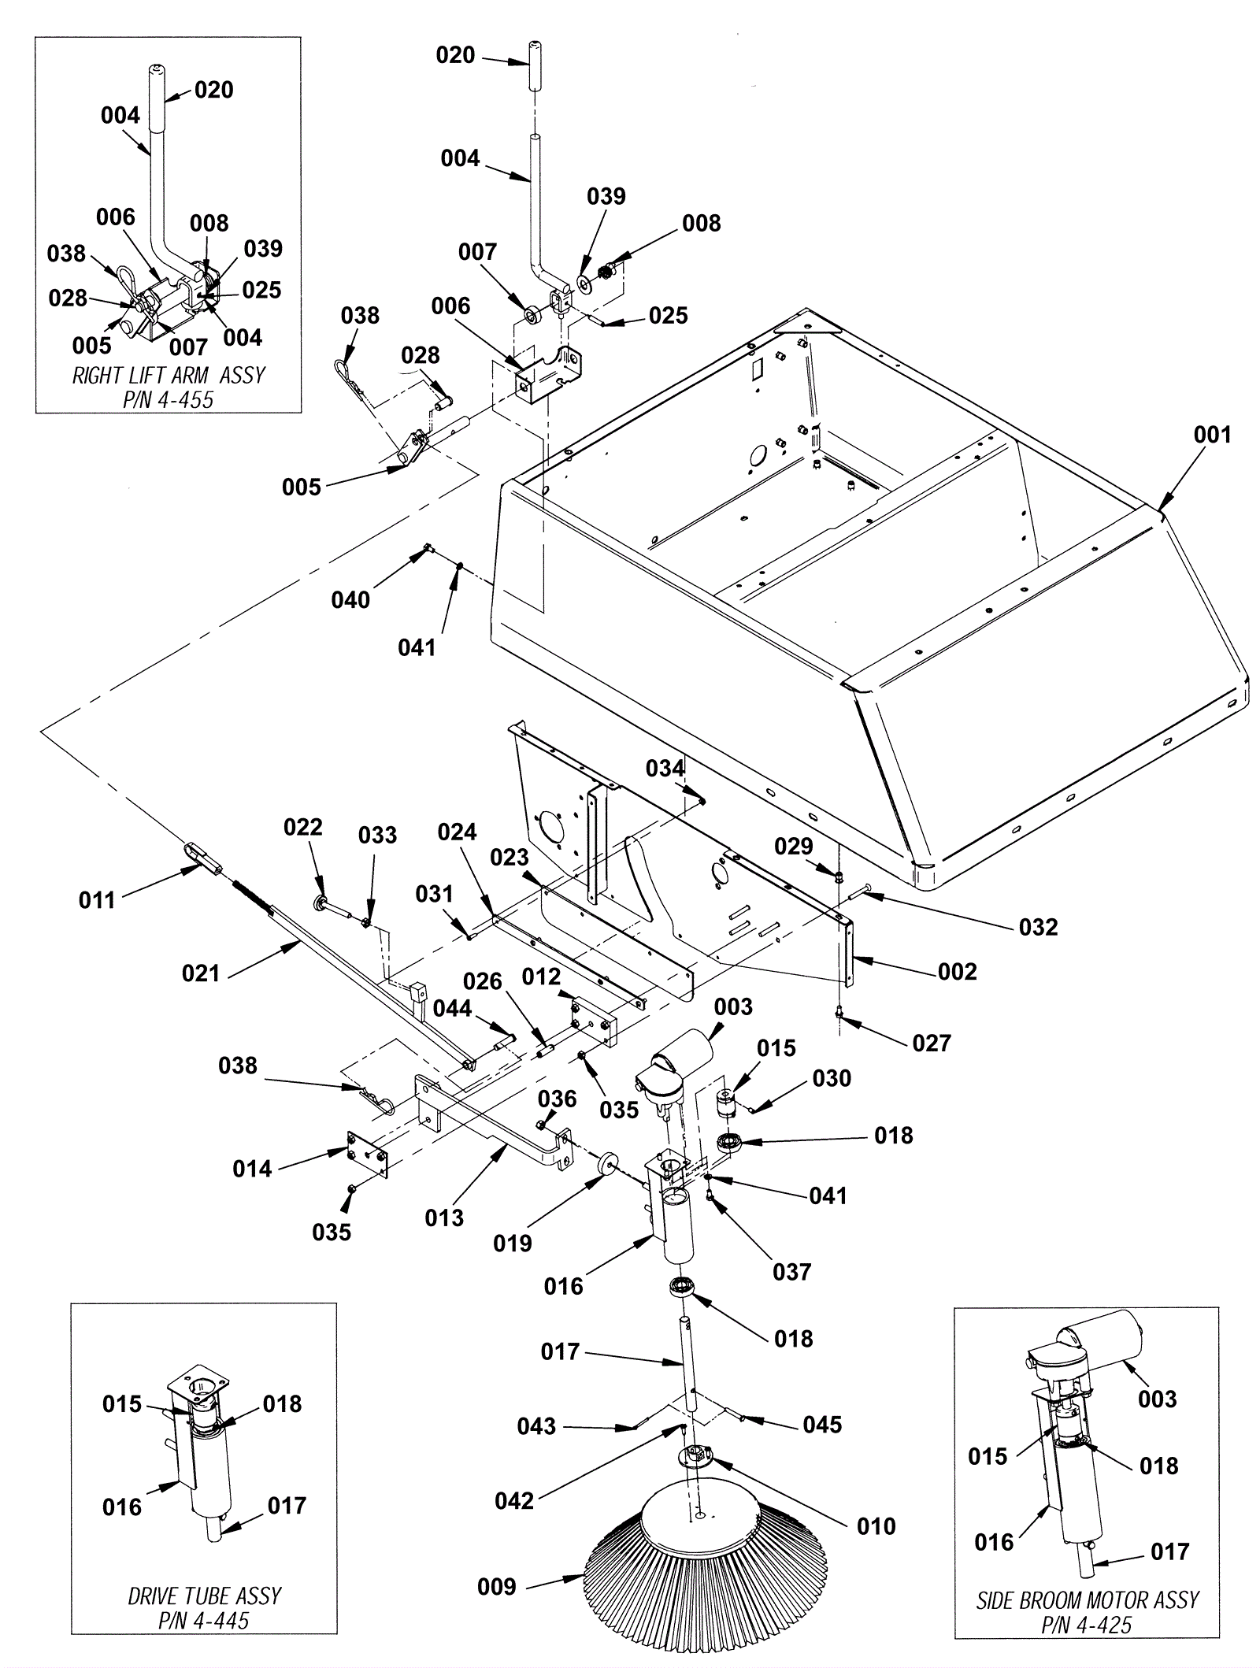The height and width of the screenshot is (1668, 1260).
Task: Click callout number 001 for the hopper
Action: pyautogui.click(x=1212, y=435)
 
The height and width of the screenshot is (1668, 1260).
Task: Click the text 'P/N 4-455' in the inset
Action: pyautogui.click(x=168, y=399)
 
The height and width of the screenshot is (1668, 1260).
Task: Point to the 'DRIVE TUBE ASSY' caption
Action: pyautogui.click(x=205, y=1573)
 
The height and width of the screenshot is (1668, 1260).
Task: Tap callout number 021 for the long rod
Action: pyautogui.click(x=201, y=973)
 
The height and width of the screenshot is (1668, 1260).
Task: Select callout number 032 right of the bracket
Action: pyautogui.click(x=1038, y=927)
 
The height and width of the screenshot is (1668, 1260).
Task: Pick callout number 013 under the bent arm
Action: pyautogui.click(x=444, y=1218)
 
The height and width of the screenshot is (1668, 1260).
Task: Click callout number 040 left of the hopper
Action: pyautogui.click(x=350, y=600)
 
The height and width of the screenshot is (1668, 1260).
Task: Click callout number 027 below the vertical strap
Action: pyautogui.click(x=932, y=1043)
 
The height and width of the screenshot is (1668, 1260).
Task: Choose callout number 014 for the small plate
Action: pyautogui.click(x=252, y=1169)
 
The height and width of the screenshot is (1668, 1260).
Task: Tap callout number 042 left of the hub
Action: pyautogui.click(x=514, y=1500)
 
